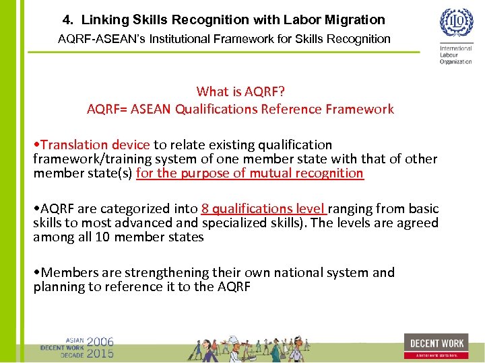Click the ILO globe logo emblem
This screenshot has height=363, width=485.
456,24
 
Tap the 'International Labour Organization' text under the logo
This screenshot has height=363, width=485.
456,55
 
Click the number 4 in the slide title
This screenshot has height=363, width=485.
67,20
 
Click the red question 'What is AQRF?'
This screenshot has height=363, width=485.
240,91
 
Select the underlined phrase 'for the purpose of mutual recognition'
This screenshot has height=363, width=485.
250,173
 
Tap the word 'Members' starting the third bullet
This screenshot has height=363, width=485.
68,272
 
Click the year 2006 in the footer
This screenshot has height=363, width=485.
100,341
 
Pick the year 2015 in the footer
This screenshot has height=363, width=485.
100,353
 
